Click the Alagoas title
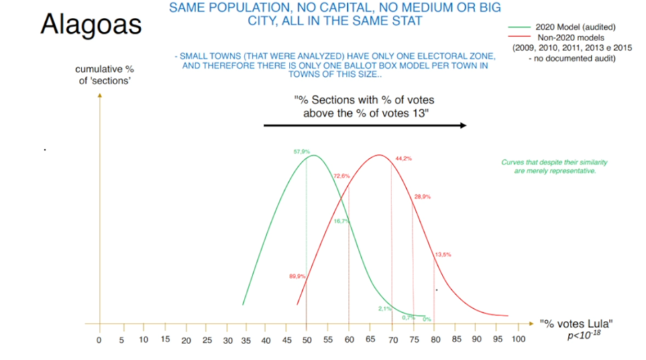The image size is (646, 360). [x=91, y=24]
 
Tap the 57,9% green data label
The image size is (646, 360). [x=301, y=152]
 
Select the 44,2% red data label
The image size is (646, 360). [x=404, y=158]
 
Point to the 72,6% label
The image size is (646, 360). [x=341, y=176]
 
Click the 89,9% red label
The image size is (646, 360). [x=297, y=276]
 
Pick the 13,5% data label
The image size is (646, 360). [x=443, y=255]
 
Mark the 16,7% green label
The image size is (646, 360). [x=341, y=221]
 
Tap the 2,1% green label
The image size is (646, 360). [x=385, y=308]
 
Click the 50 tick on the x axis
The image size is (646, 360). [x=307, y=340]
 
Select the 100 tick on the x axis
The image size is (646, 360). [x=519, y=340]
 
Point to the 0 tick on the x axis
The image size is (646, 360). [x=99, y=340]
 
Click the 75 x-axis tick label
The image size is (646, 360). [x=413, y=340]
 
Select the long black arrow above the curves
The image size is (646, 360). [x=364, y=125]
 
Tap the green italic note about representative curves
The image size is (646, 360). [x=555, y=166]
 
